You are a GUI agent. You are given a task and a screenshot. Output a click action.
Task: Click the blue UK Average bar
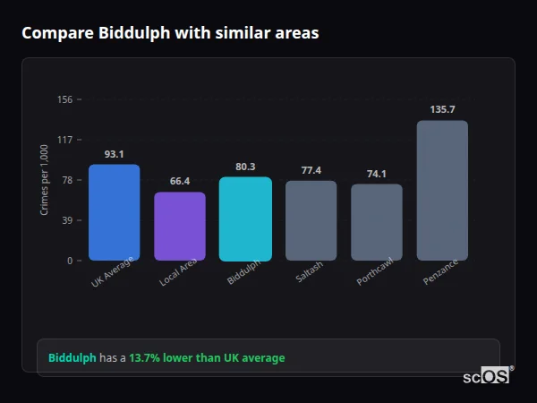114,212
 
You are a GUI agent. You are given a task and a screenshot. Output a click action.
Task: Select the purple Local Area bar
180,227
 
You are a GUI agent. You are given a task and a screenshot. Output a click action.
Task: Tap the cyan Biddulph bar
245,219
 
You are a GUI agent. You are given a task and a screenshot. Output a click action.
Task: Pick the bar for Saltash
311,220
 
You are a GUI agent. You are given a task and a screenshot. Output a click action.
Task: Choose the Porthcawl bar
377,222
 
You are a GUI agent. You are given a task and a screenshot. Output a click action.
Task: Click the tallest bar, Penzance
442,190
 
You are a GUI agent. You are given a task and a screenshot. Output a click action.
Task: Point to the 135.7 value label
442,109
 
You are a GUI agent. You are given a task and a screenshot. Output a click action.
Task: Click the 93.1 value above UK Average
114,154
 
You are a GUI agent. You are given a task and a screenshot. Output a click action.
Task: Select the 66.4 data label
180,181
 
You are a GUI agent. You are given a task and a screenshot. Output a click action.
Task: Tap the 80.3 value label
245,167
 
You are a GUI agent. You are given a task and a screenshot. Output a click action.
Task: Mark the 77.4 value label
311,170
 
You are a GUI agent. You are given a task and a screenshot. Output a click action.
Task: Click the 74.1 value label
377,174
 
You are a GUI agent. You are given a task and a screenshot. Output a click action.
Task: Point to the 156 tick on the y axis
64,99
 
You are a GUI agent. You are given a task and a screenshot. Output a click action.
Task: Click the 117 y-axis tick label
64,140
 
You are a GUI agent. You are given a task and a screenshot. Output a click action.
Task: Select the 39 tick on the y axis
66,220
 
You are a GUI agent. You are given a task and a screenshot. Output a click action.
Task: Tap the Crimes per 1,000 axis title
45,180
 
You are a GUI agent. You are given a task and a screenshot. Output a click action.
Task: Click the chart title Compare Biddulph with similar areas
170,33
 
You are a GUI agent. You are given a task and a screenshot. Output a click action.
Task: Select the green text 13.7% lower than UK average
207,358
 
